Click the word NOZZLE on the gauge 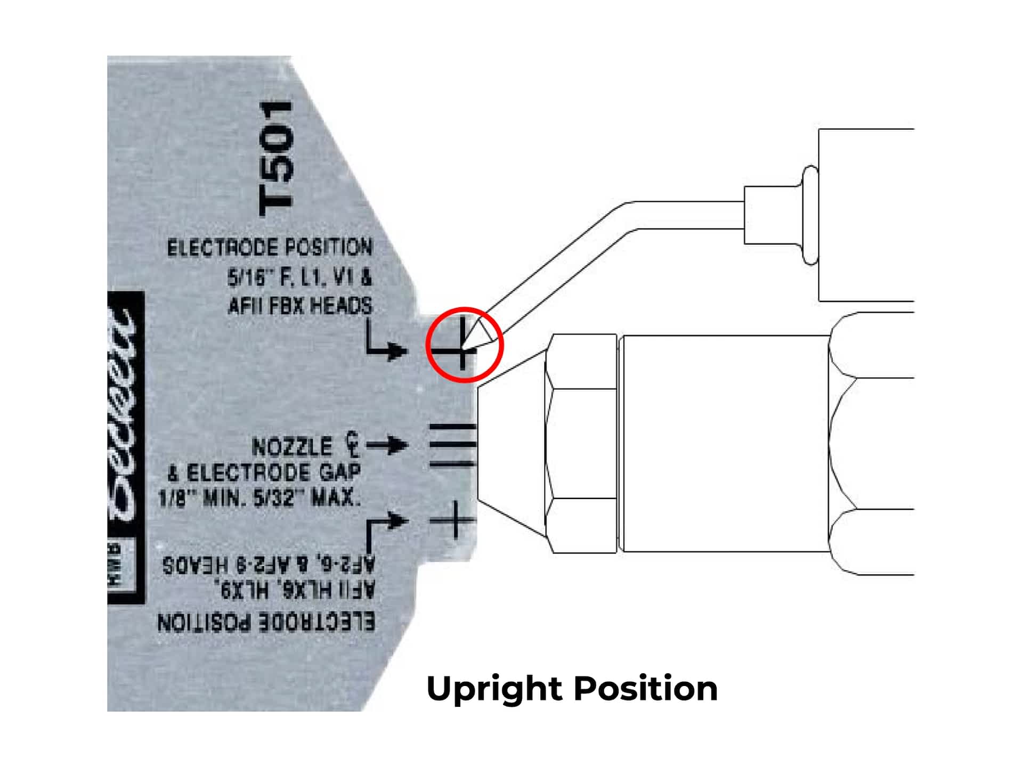point(291,447)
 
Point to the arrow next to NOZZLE point(387,445)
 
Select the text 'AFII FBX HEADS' point(300,306)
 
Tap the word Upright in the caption point(494,688)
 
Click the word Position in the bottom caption point(646,688)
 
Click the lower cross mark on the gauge point(454,519)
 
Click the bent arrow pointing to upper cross point(385,343)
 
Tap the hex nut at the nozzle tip point(581,444)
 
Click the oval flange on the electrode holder point(810,215)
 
